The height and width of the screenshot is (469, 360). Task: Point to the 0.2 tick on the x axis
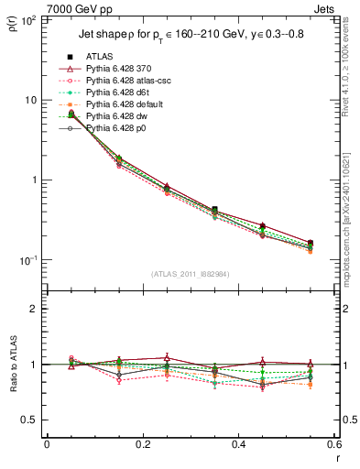142,444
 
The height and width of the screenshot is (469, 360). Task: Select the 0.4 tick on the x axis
238,444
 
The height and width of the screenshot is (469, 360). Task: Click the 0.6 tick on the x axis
333,444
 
